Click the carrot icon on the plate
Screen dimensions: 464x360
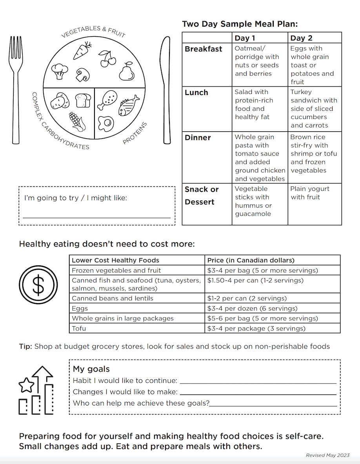pos(82,51)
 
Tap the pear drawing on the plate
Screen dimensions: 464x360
pos(127,71)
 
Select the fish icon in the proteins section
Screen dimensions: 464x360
pos(129,105)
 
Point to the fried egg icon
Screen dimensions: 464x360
pos(106,123)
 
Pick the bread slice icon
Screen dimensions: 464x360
pos(83,100)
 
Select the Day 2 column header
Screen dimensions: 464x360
pos(301,38)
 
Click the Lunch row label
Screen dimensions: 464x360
pos(196,93)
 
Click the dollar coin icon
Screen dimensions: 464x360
pos(38,285)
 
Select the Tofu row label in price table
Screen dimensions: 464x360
pos(79,328)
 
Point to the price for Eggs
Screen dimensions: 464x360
pos(252,308)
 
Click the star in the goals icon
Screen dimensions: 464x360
pos(26,385)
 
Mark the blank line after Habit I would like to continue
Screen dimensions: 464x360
pos(258,382)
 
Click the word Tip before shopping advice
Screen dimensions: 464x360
pos(25,346)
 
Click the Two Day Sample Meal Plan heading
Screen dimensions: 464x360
pos(240,24)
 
